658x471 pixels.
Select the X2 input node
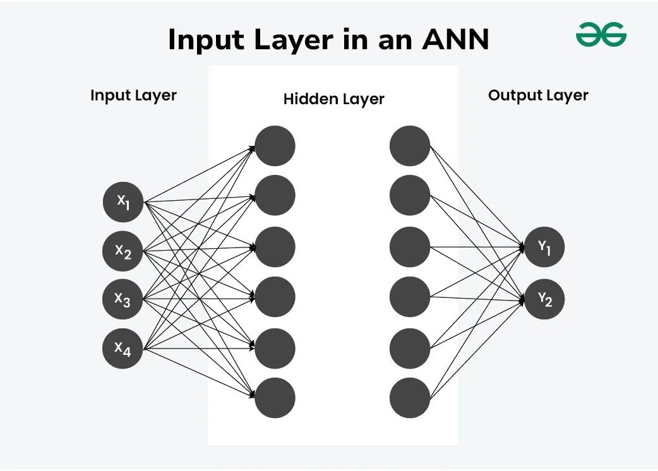coord(123,251)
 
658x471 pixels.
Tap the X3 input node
coord(123,299)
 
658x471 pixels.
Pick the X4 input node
coord(123,347)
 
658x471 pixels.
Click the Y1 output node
coord(544,247)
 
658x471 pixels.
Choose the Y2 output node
coord(544,299)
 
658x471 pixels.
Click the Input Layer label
coord(133,96)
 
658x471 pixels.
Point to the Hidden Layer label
coord(333,99)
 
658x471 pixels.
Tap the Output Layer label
coord(538,96)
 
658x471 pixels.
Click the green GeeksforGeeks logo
coord(601,34)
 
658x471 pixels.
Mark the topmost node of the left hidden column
coord(275,146)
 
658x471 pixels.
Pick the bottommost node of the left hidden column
coord(275,398)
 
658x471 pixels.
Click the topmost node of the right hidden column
coord(410,146)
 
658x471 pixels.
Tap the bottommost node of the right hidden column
coord(410,398)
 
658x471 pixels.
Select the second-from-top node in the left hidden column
coord(275,196)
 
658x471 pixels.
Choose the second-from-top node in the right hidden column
coord(410,196)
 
